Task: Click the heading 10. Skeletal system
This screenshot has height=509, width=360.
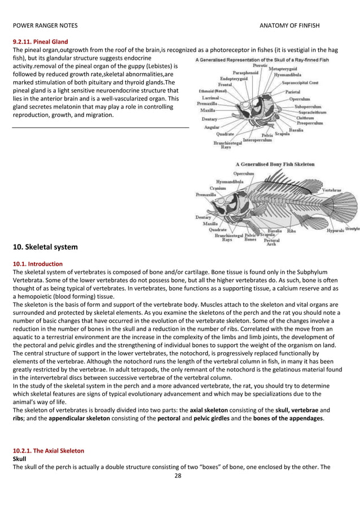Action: click(x=49, y=247)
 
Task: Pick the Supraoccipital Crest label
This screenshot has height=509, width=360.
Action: click(x=304, y=82)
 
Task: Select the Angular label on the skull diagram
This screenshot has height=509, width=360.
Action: click(x=212, y=128)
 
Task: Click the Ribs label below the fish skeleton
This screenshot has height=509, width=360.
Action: click(x=292, y=230)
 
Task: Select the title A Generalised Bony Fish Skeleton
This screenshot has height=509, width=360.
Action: click(x=275, y=164)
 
